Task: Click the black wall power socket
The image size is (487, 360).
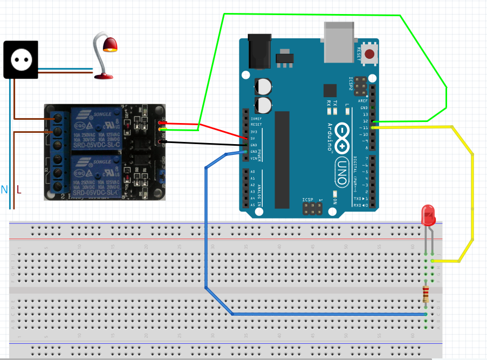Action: click(21, 59)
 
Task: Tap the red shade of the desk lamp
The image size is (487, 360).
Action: click(110, 45)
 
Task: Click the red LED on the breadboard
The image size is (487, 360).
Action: click(428, 215)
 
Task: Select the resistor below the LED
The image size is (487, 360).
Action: click(426, 294)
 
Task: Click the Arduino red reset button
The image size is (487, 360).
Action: click(369, 53)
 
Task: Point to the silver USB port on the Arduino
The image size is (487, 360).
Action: click(339, 42)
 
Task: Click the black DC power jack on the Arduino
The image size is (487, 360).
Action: click(258, 52)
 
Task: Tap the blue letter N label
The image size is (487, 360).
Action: click(5, 189)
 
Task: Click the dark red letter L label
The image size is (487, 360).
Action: click(19, 189)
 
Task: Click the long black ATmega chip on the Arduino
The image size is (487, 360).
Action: click(282, 159)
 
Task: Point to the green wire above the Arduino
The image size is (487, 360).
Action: click(313, 15)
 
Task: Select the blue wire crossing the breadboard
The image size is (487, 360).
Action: click(205, 227)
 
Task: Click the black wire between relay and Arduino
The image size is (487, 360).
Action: click(205, 144)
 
